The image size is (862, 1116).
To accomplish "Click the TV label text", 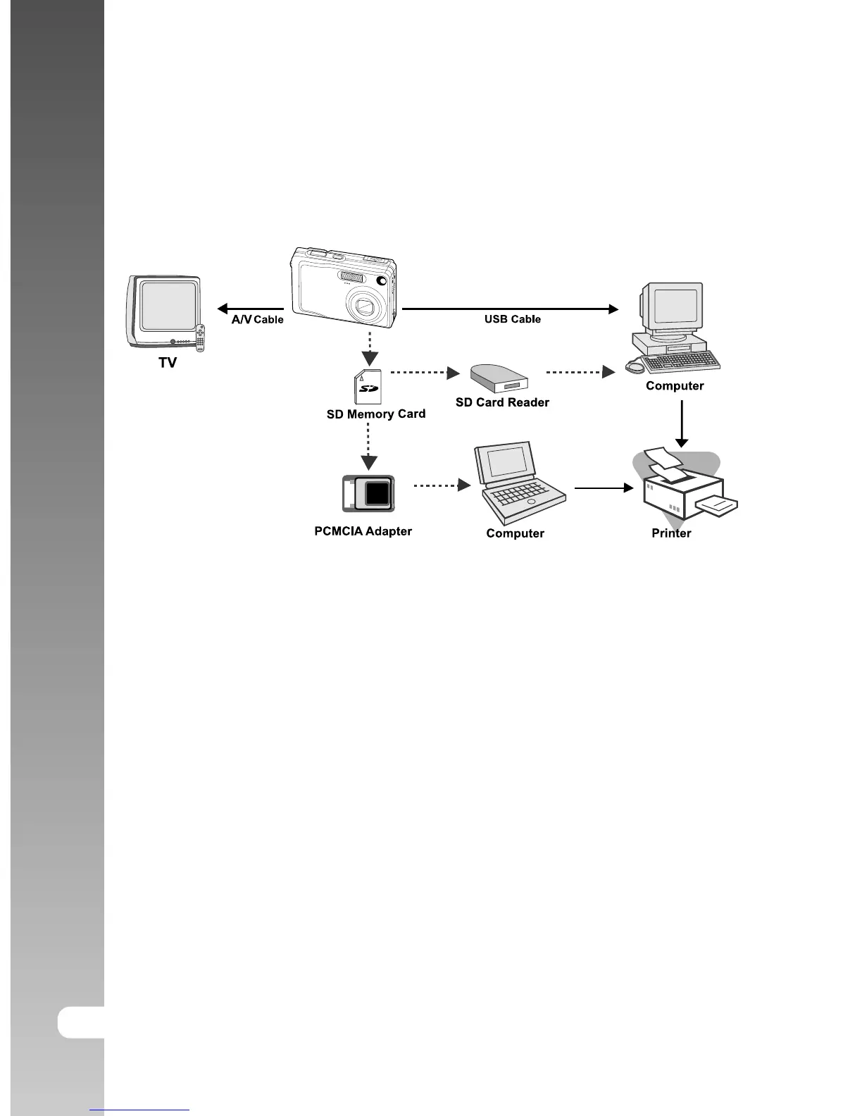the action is click(x=168, y=362).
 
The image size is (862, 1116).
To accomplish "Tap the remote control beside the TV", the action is click(x=200, y=338).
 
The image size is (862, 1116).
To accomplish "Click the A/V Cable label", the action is click(x=257, y=319).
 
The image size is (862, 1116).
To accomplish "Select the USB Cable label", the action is click(x=512, y=319).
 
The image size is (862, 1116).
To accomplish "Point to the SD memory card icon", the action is click(x=368, y=387).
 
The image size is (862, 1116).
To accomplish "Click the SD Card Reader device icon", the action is click(x=499, y=378).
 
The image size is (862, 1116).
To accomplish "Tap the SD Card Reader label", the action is click(x=502, y=402).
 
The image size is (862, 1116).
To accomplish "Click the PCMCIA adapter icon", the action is click(x=368, y=493).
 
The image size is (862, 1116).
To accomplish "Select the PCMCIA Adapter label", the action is click(x=363, y=531).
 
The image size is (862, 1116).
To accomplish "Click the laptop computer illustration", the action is click(x=520, y=483).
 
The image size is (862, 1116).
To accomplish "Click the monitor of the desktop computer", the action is click(x=672, y=306).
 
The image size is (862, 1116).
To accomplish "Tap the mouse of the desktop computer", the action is click(x=634, y=367).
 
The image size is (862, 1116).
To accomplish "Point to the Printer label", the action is click(x=671, y=533).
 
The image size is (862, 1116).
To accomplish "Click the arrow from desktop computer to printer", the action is click(x=681, y=423).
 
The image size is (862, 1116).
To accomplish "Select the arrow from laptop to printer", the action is click(x=604, y=487).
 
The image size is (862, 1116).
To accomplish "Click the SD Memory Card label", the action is click(x=376, y=414).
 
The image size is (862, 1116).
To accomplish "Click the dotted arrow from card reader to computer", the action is click(x=580, y=372).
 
